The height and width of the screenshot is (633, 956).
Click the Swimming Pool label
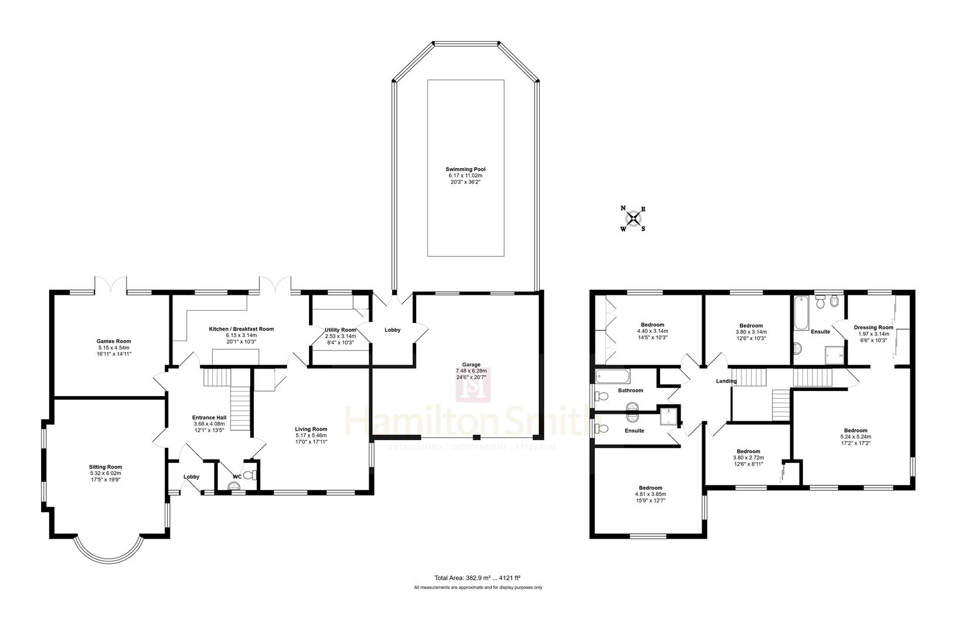(465, 169)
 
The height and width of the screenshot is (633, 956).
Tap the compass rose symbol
(634, 219)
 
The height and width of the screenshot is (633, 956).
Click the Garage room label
(471, 365)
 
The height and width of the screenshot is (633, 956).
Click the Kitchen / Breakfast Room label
(241, 329)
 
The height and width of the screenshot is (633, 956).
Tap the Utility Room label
(340, 330)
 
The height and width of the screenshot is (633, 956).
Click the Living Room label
(311, 429)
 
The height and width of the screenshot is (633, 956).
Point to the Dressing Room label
(873, 328)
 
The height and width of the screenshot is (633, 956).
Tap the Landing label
(726, 381)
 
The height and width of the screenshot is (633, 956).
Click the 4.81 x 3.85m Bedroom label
(651, 488)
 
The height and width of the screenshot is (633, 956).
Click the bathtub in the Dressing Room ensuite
(801, 313)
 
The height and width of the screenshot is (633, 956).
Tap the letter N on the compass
(624, 208)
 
